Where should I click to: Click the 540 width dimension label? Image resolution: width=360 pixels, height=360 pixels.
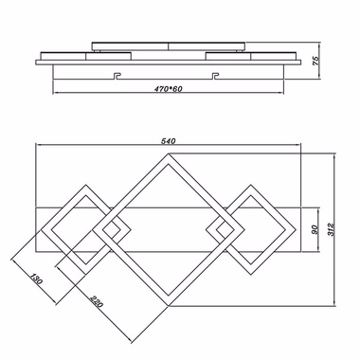coord(168,141)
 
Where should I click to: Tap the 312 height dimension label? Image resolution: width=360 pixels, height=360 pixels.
coord(331,229)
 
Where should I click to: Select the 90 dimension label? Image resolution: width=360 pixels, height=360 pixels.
coord(315,229)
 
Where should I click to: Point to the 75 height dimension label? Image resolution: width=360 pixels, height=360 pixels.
coord(315,61)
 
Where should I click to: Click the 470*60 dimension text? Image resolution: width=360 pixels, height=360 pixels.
coord(169,89)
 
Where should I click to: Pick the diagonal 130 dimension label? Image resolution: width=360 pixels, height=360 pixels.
coord(37,279)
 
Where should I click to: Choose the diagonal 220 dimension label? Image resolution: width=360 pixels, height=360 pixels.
coord(97,301)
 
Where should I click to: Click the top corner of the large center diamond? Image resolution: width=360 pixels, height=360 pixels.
coord(169,153)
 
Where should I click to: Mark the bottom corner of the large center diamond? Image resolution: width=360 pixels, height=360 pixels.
coord(169,306)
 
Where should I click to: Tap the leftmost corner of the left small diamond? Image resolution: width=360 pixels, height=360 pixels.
coord(41,230)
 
